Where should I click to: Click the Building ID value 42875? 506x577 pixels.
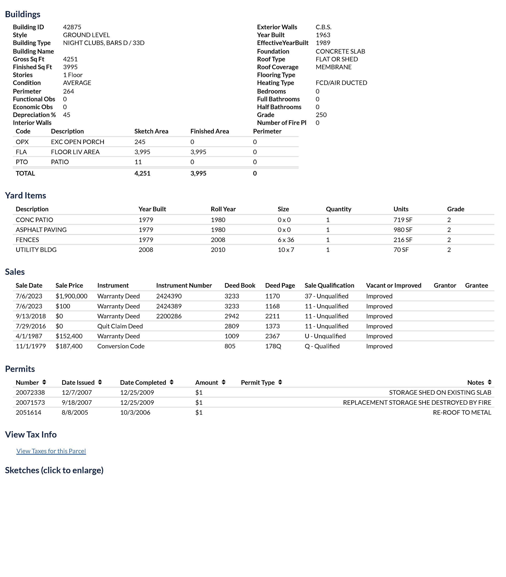tap(72, 27)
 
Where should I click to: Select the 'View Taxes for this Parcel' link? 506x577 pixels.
tap(51, 451)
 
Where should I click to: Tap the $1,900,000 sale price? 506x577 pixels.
tap(72, 296)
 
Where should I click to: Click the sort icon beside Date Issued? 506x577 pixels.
tap(100, 382)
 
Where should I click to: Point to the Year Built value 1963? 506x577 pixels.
tap(323, 35)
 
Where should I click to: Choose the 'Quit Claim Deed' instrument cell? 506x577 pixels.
tap(120, 326)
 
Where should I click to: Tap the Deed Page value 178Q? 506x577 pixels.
tap(273, 346)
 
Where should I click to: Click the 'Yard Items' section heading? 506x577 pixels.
tap(25, 195)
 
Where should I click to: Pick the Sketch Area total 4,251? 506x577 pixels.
tap(142, 173)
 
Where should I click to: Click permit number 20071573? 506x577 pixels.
tap(30, 402)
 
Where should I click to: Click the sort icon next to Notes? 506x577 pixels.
tap(490, 382)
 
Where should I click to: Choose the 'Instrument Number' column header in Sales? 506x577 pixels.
tap(184, 285)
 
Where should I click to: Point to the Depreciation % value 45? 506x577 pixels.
tap(67, 115)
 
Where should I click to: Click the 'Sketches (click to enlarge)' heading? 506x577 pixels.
tap(54, 470)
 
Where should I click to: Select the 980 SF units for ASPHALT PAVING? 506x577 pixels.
tap(403, 230)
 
